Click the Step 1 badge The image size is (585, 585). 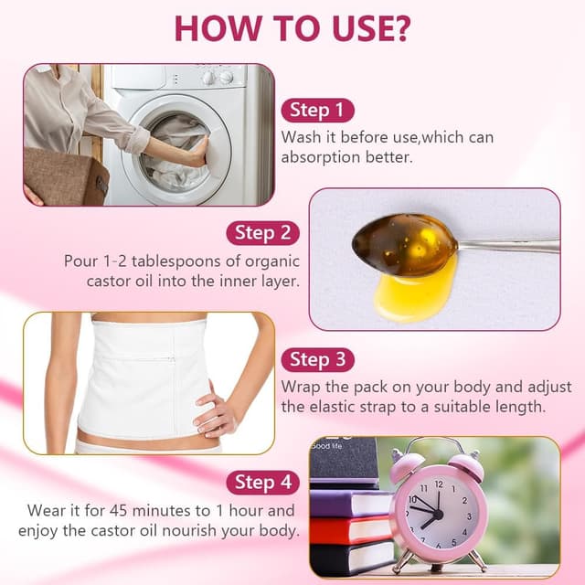pos(317,110)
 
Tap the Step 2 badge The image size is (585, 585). pos(262,233)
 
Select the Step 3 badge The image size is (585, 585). pos(317,359)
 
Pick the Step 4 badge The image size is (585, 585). pos(262,483)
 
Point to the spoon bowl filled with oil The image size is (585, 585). pos(404,244)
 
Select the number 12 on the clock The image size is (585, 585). pos(439,484)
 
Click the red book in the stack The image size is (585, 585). pos(351,530)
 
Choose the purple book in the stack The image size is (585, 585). pos(351,504)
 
